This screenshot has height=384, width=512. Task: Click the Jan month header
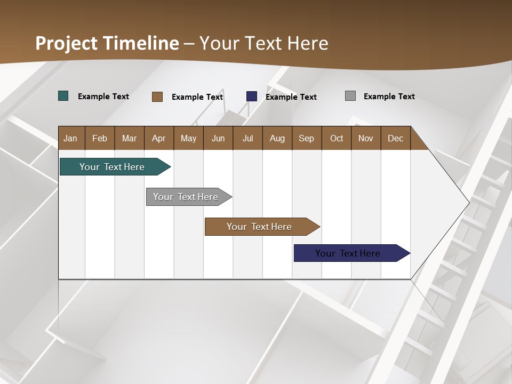pyautogui.click(x=71, y=138)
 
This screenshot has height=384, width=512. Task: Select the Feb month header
pyautogui.click(x=100, y=138)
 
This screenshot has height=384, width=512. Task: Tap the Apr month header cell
pyautogui.click(x=159, y=138)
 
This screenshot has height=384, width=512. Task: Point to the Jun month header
pyautogui.click(x=218, y=138)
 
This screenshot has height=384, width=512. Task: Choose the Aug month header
pyautogui.click(x=277, y=138)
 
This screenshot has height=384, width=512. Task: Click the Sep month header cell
pyautogui.click(x=307, y=138)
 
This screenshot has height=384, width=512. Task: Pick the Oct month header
pyautogui.click(x=337, y=138)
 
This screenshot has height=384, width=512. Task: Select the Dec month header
pyautogui.click(x=396, y=138)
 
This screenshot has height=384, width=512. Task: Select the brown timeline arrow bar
pyautogui.click(x=260, y=227)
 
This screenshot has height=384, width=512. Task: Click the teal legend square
pyautogui.click(x=63, y=96)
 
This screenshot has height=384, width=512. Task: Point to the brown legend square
pyautogui.click(x=157, y=97)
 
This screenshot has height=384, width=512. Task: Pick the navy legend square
pyautogui.click(x=252, y=97)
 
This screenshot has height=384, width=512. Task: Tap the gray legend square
pyautogui.click(x=350, y=96)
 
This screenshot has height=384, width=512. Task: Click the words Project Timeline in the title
pyautogui.click(x=107, y=43)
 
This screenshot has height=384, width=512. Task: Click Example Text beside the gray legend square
pyautogui.click(x=389, y=97)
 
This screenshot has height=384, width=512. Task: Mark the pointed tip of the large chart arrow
pyautogui.click(x=469, y=202)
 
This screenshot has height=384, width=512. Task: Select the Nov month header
pyautogui.click(x=366, y=138)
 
